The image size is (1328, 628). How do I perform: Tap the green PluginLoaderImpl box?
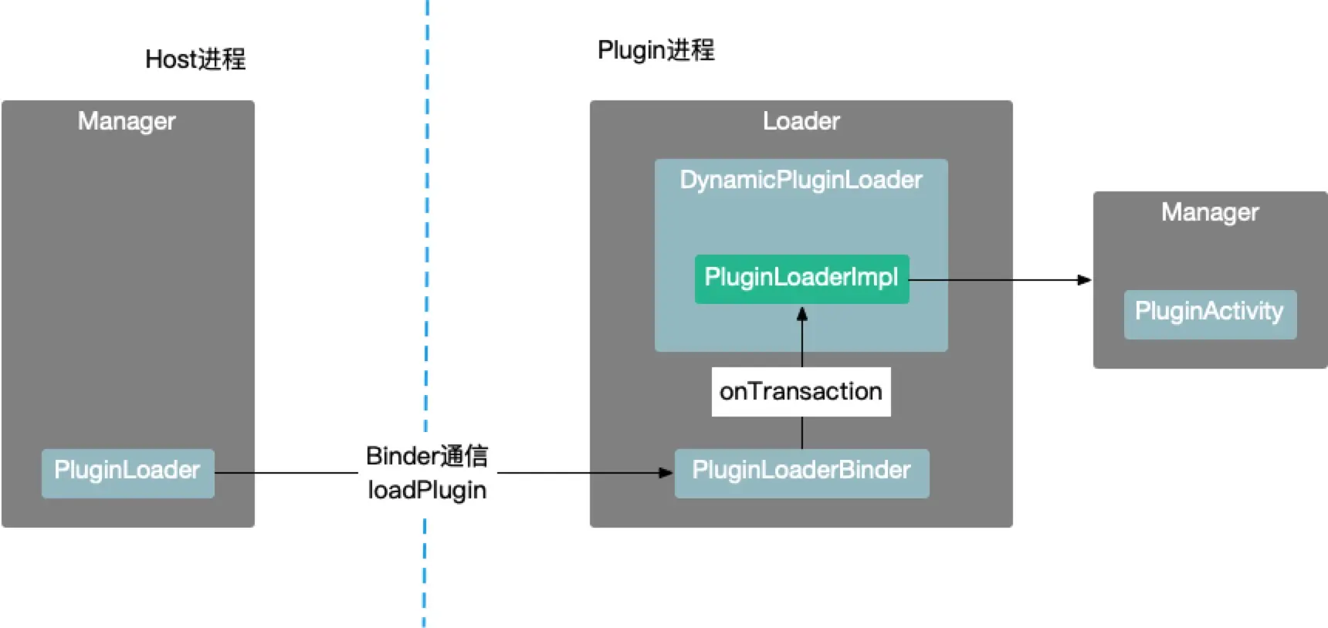tap(801, 279)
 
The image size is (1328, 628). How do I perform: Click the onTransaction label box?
tap(801, 392)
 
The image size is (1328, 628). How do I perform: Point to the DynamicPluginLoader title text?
tap(801, 180)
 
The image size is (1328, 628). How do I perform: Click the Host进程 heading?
tap(195, 59)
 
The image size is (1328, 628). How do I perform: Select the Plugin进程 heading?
tap(656, 51)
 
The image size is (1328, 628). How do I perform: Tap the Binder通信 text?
tap(427, 456)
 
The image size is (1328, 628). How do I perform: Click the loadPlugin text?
tap(427, 490)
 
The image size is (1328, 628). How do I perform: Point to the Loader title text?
tap(801, 121)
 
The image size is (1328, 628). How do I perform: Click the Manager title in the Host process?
tap(127, 121)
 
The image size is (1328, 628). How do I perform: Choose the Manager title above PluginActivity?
tap(1210, 212)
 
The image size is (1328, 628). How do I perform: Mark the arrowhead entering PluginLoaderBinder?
tap(666, 473)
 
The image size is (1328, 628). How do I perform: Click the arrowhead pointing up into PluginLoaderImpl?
tap(802, 314)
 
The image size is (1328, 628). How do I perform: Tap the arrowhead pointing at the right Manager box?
tap(1084, 280)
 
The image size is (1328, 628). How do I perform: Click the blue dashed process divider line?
tap(426, 231)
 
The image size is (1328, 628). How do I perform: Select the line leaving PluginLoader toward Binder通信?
tap(286, 473)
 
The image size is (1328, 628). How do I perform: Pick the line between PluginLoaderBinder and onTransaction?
tap(802, 433)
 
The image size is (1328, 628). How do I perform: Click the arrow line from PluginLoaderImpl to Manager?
tap(996, 280)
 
